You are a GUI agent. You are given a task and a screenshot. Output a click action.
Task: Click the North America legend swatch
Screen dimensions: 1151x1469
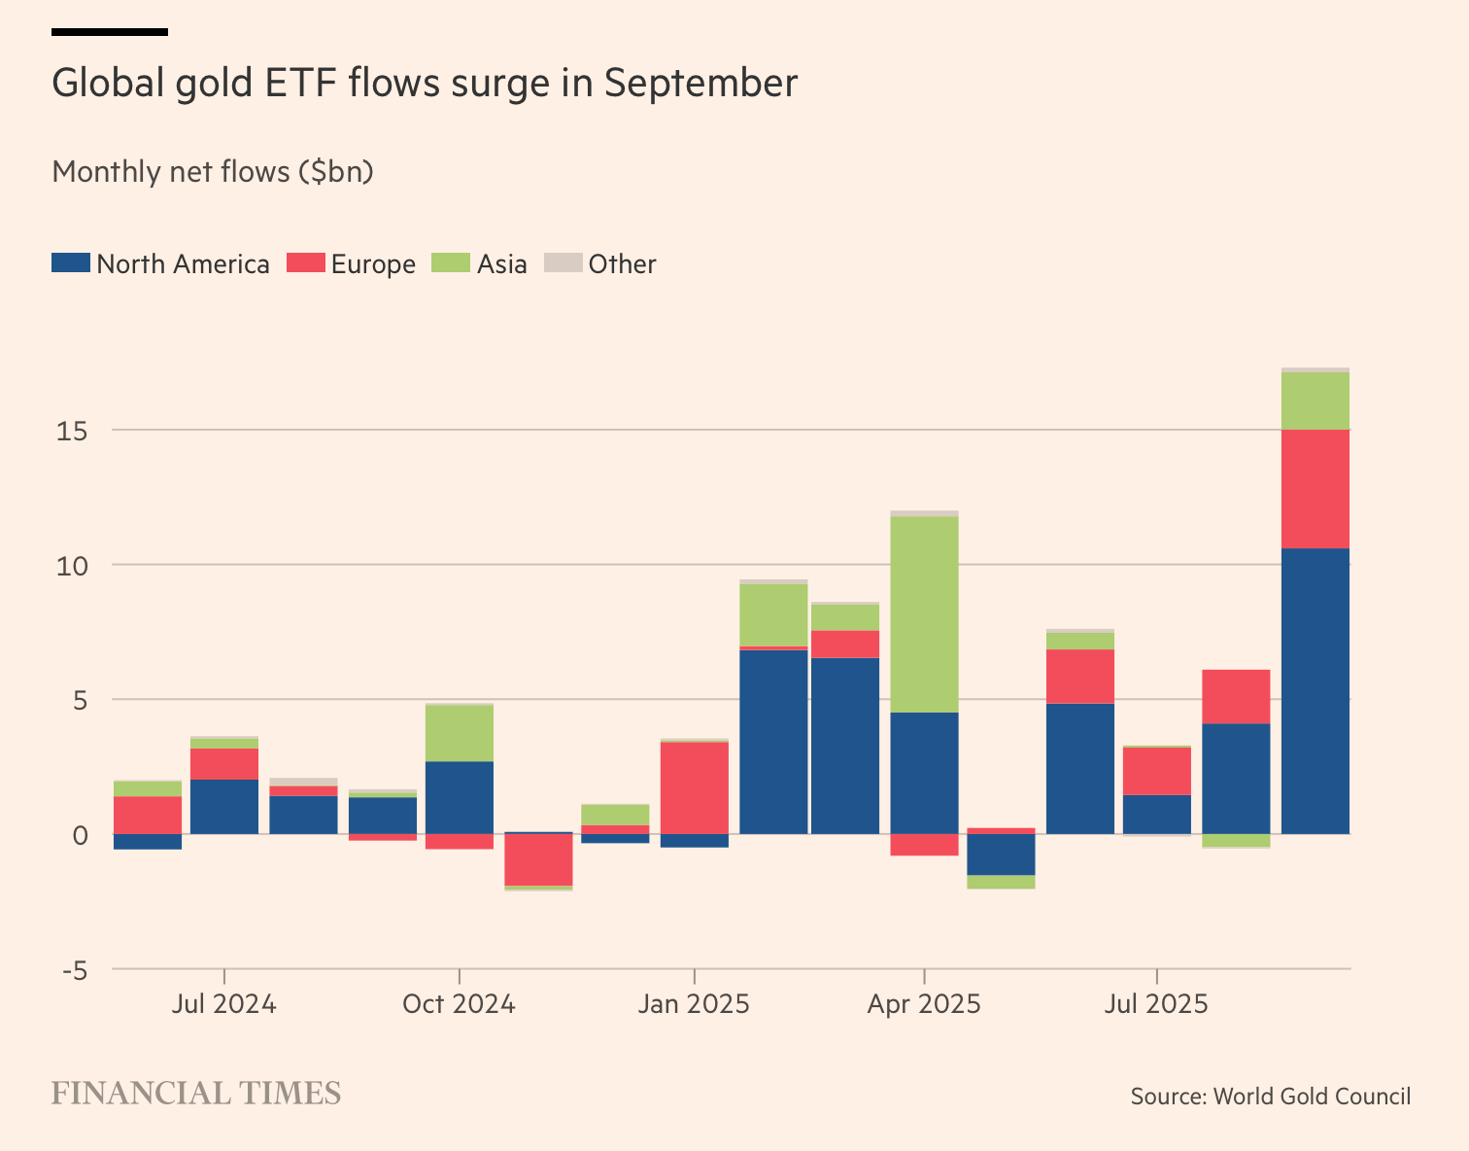71,262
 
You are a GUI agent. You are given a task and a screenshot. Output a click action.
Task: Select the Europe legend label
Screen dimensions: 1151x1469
373,264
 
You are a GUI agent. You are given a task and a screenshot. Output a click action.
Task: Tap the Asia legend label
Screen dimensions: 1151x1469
501,264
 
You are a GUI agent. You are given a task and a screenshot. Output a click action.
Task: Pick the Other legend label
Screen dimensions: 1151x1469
622,264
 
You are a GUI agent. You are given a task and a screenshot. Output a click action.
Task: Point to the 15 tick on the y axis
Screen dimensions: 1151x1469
72,431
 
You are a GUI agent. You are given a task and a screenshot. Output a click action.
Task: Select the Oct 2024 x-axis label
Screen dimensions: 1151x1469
459,1003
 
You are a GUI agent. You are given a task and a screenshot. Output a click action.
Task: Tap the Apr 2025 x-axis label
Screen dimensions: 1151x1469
924,1003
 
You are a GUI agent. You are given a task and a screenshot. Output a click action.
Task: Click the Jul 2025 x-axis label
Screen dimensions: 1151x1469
1156,1003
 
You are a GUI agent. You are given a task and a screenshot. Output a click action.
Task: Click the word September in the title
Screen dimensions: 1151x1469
700,84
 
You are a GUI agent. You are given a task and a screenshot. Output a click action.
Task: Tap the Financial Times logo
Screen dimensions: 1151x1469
196,1094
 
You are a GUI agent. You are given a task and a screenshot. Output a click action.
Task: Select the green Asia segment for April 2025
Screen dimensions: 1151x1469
924,614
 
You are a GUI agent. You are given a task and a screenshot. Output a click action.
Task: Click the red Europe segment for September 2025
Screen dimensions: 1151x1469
1315,489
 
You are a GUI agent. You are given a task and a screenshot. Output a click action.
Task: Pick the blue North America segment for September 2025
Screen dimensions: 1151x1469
1315,691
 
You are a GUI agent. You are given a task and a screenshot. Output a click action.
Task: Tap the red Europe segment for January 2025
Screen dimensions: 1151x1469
695,787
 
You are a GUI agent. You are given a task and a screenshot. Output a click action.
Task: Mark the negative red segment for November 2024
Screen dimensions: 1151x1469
538,860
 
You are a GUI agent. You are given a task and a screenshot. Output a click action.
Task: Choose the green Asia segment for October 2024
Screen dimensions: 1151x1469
460,733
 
